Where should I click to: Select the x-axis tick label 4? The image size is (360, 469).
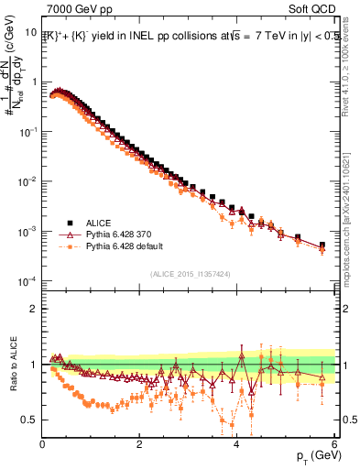tap(236, 444)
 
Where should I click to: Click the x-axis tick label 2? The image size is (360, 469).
tap(139, 444)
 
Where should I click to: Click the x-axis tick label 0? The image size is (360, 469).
tap(42, 444)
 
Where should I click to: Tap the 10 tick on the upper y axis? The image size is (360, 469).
tap(29, 32)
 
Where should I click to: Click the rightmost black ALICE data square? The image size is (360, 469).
tap(322, 245)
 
